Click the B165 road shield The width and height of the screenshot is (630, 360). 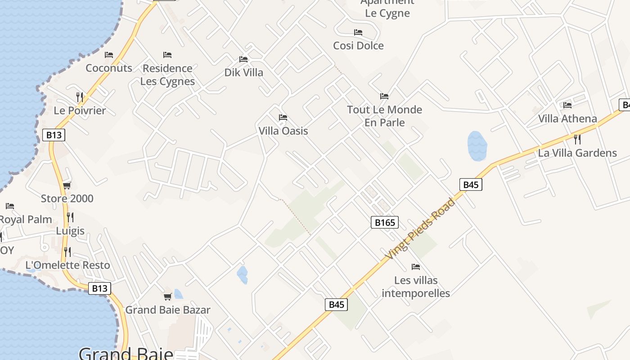click(x=385, y=222)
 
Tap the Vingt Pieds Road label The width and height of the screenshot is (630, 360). click(x=420, y=229)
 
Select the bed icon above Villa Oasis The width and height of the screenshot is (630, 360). click(x=283, y=117)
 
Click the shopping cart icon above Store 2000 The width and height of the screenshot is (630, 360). click(x=67, y=185)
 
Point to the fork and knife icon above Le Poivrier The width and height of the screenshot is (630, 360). click(x=80, y=97)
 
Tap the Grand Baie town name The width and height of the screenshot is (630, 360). click(x=126, y=353)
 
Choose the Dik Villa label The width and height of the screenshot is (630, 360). click(x=244, y=72)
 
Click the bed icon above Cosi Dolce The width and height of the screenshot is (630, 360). click(x=358, y=32)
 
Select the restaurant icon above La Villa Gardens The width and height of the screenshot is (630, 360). click(x=577, y=139)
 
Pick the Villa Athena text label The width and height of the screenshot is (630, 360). click(x=568, y=119)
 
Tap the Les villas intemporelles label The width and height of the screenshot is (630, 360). click(x=416, y=287)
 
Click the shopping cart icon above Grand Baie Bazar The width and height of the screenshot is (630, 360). click(x=168, y=297)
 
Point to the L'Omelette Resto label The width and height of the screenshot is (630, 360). click(x=67, y=265)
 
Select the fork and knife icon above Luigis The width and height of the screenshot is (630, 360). click(x=70, y=217)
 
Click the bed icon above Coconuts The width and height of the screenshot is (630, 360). click(x=109, y=55)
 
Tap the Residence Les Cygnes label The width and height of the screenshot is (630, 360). click(x=167, y=75)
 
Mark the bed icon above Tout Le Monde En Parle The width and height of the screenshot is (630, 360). click(x=384, y=96)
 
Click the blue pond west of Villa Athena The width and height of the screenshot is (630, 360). click(x=477, y=146)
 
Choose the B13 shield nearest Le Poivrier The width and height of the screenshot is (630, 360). click(x=54, y=135)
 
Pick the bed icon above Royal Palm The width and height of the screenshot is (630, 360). click(x=10, y=206)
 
